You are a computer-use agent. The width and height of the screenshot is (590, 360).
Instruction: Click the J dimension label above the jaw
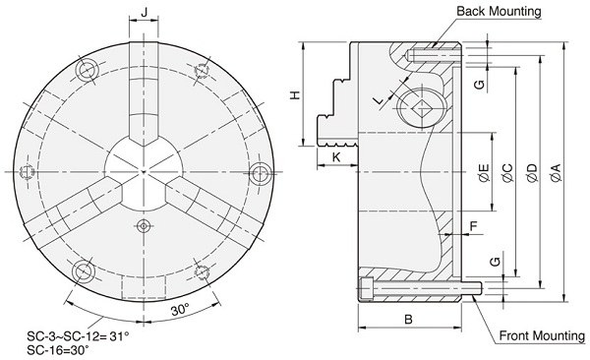pos(145,13)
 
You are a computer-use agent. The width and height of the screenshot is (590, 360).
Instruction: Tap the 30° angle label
pos(180,310)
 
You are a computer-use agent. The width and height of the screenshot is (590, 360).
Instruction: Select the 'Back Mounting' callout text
pos(499,11)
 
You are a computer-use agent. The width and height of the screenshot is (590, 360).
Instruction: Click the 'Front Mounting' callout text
pos(542,335)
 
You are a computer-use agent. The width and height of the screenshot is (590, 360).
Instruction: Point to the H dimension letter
pos(296,94)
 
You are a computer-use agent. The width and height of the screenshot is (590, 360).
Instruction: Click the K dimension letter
pos(336,157)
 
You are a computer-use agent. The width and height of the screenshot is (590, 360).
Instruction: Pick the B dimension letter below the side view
pos(408,320)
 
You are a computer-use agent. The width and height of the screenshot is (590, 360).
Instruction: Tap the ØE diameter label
pos(485,173)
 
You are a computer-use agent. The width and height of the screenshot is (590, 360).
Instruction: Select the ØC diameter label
pos(508,173)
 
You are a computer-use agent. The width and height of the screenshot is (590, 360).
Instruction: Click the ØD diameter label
pos(532,173)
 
